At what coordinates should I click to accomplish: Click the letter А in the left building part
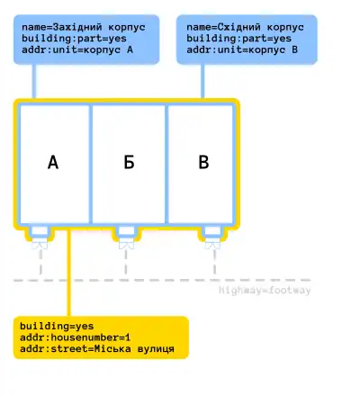53,163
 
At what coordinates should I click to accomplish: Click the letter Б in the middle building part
129,163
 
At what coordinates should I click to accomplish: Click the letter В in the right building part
203,163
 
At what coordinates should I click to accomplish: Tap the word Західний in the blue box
77,27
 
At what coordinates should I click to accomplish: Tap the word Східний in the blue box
238,27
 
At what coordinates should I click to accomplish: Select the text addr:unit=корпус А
77,49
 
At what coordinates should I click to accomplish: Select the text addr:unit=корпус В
242,49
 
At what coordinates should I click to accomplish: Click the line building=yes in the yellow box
57,327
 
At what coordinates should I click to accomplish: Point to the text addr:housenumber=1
76,337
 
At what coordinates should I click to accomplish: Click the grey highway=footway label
265,291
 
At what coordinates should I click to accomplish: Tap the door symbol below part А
40,245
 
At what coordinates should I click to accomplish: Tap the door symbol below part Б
126,245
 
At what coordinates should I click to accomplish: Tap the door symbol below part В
212,245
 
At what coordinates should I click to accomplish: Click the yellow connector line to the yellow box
68,273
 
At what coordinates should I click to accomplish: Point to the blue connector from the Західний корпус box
34,81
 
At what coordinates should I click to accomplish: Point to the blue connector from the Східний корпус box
202,81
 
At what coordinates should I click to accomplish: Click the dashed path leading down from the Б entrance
126,262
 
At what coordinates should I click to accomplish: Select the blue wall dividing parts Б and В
166,164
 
